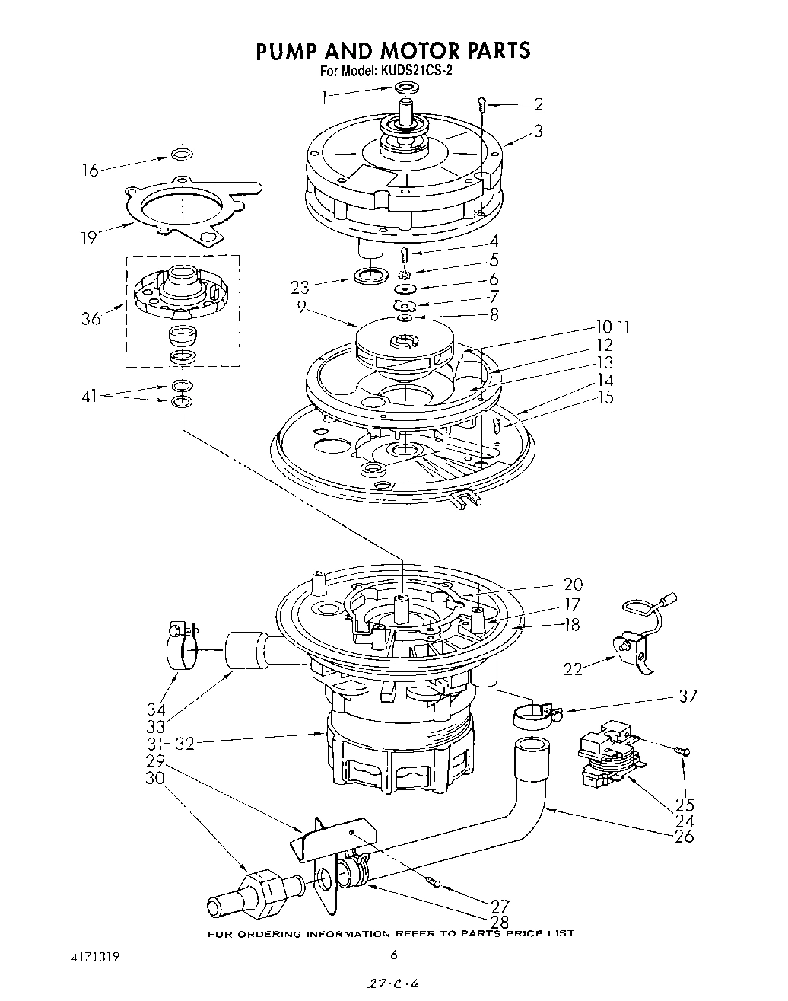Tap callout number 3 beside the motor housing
(x=538, y=131)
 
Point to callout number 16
(x=90, y=170)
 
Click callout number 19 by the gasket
(x=89, y=237)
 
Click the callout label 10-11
(x=613, y=328)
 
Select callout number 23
(x=300, y=288)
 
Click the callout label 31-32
(x=171, y=743)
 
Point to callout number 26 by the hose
(x=684, y=836)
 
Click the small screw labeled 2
(x=482, y=105)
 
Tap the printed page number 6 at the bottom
(x=393, y=955)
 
